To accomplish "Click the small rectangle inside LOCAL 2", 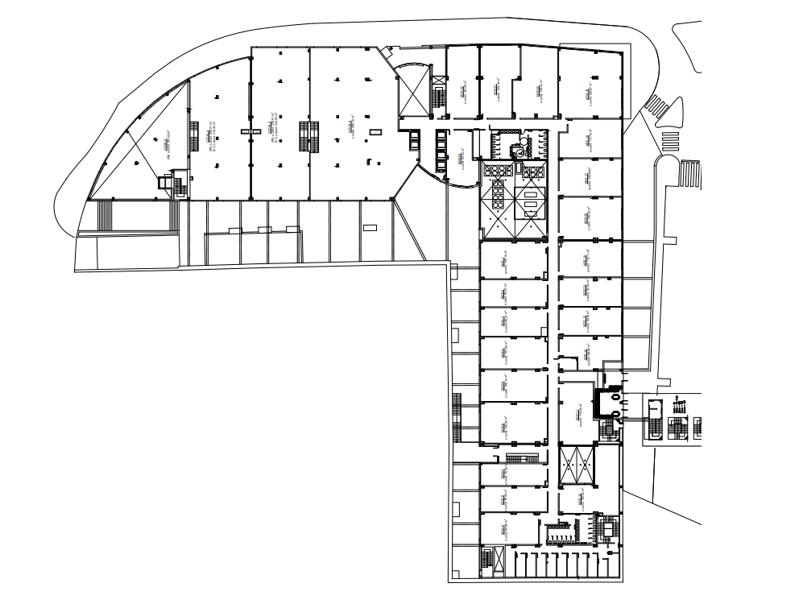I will click(x=374, y=131).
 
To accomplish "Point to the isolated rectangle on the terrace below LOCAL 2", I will click(x=370, y=227).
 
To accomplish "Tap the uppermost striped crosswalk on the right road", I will click(x=658, y=106).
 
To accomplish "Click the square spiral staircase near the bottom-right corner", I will click(x=609, y=532).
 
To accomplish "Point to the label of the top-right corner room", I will click(x=588, y=94).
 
